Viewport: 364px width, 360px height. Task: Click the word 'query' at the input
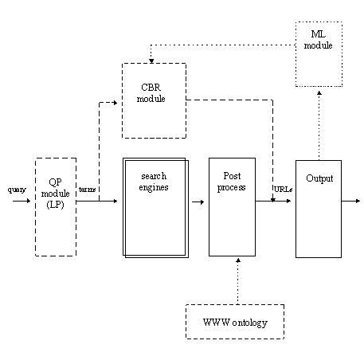click(17, 190)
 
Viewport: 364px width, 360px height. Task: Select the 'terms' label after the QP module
click(87, 190)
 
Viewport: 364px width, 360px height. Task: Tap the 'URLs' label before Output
click(283, 190)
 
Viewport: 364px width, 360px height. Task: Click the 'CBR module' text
click(151, 93)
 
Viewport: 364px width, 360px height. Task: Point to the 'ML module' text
click(318, 40)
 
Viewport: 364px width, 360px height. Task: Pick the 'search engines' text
click(154, 182)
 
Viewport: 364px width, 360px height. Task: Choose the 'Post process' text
click(232, 182)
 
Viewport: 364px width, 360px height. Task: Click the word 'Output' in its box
click(319, 178)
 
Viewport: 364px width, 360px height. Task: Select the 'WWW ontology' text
click(235, 323)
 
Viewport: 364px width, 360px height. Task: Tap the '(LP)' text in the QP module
click(55, 205)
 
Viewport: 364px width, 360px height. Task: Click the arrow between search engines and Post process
click(198, 202)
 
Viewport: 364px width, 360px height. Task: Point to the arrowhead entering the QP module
click(29, 201)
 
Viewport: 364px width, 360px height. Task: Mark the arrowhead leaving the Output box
click(358, 201)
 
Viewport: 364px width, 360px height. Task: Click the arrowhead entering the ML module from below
click(319, 93)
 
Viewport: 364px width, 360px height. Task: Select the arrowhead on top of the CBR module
click(151, 61)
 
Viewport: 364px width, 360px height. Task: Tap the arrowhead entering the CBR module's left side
click(115, 103)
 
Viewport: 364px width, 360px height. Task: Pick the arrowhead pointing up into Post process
click(238, 260)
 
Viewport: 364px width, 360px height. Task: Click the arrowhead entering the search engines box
click(115, 201)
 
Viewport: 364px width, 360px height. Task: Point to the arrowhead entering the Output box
click(289, 201)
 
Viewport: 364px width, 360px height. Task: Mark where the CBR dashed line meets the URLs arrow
click(272, 201)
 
